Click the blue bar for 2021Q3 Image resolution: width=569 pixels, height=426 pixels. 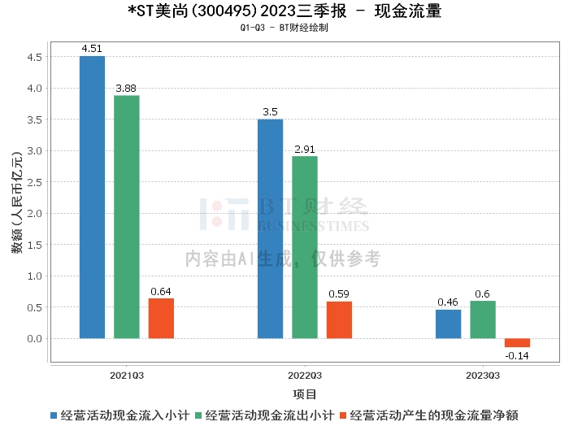pos(92,197)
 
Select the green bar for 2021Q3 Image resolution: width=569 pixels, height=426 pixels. pos(126,216)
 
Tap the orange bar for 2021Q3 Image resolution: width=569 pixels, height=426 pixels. pos(161,318)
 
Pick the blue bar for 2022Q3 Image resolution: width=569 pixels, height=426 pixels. pos(270,228)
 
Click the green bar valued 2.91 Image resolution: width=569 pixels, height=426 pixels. pos(305,247)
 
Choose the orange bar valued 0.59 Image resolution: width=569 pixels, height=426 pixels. pos(339,319)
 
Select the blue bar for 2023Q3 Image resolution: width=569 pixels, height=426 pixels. pos(448,324)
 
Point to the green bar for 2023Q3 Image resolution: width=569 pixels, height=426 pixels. pos(483,319)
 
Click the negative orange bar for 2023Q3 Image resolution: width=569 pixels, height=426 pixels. pos(517,342)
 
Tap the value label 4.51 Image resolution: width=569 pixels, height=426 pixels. pos(92,48)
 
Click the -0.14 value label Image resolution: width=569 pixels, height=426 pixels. pos(517,356)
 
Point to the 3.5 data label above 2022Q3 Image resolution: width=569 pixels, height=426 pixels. pos(270,111)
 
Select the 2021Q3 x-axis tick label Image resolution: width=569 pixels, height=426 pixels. pos(127,375)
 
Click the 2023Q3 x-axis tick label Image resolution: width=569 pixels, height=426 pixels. pos(483,375)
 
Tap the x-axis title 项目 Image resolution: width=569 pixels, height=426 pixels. pos(305,394)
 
